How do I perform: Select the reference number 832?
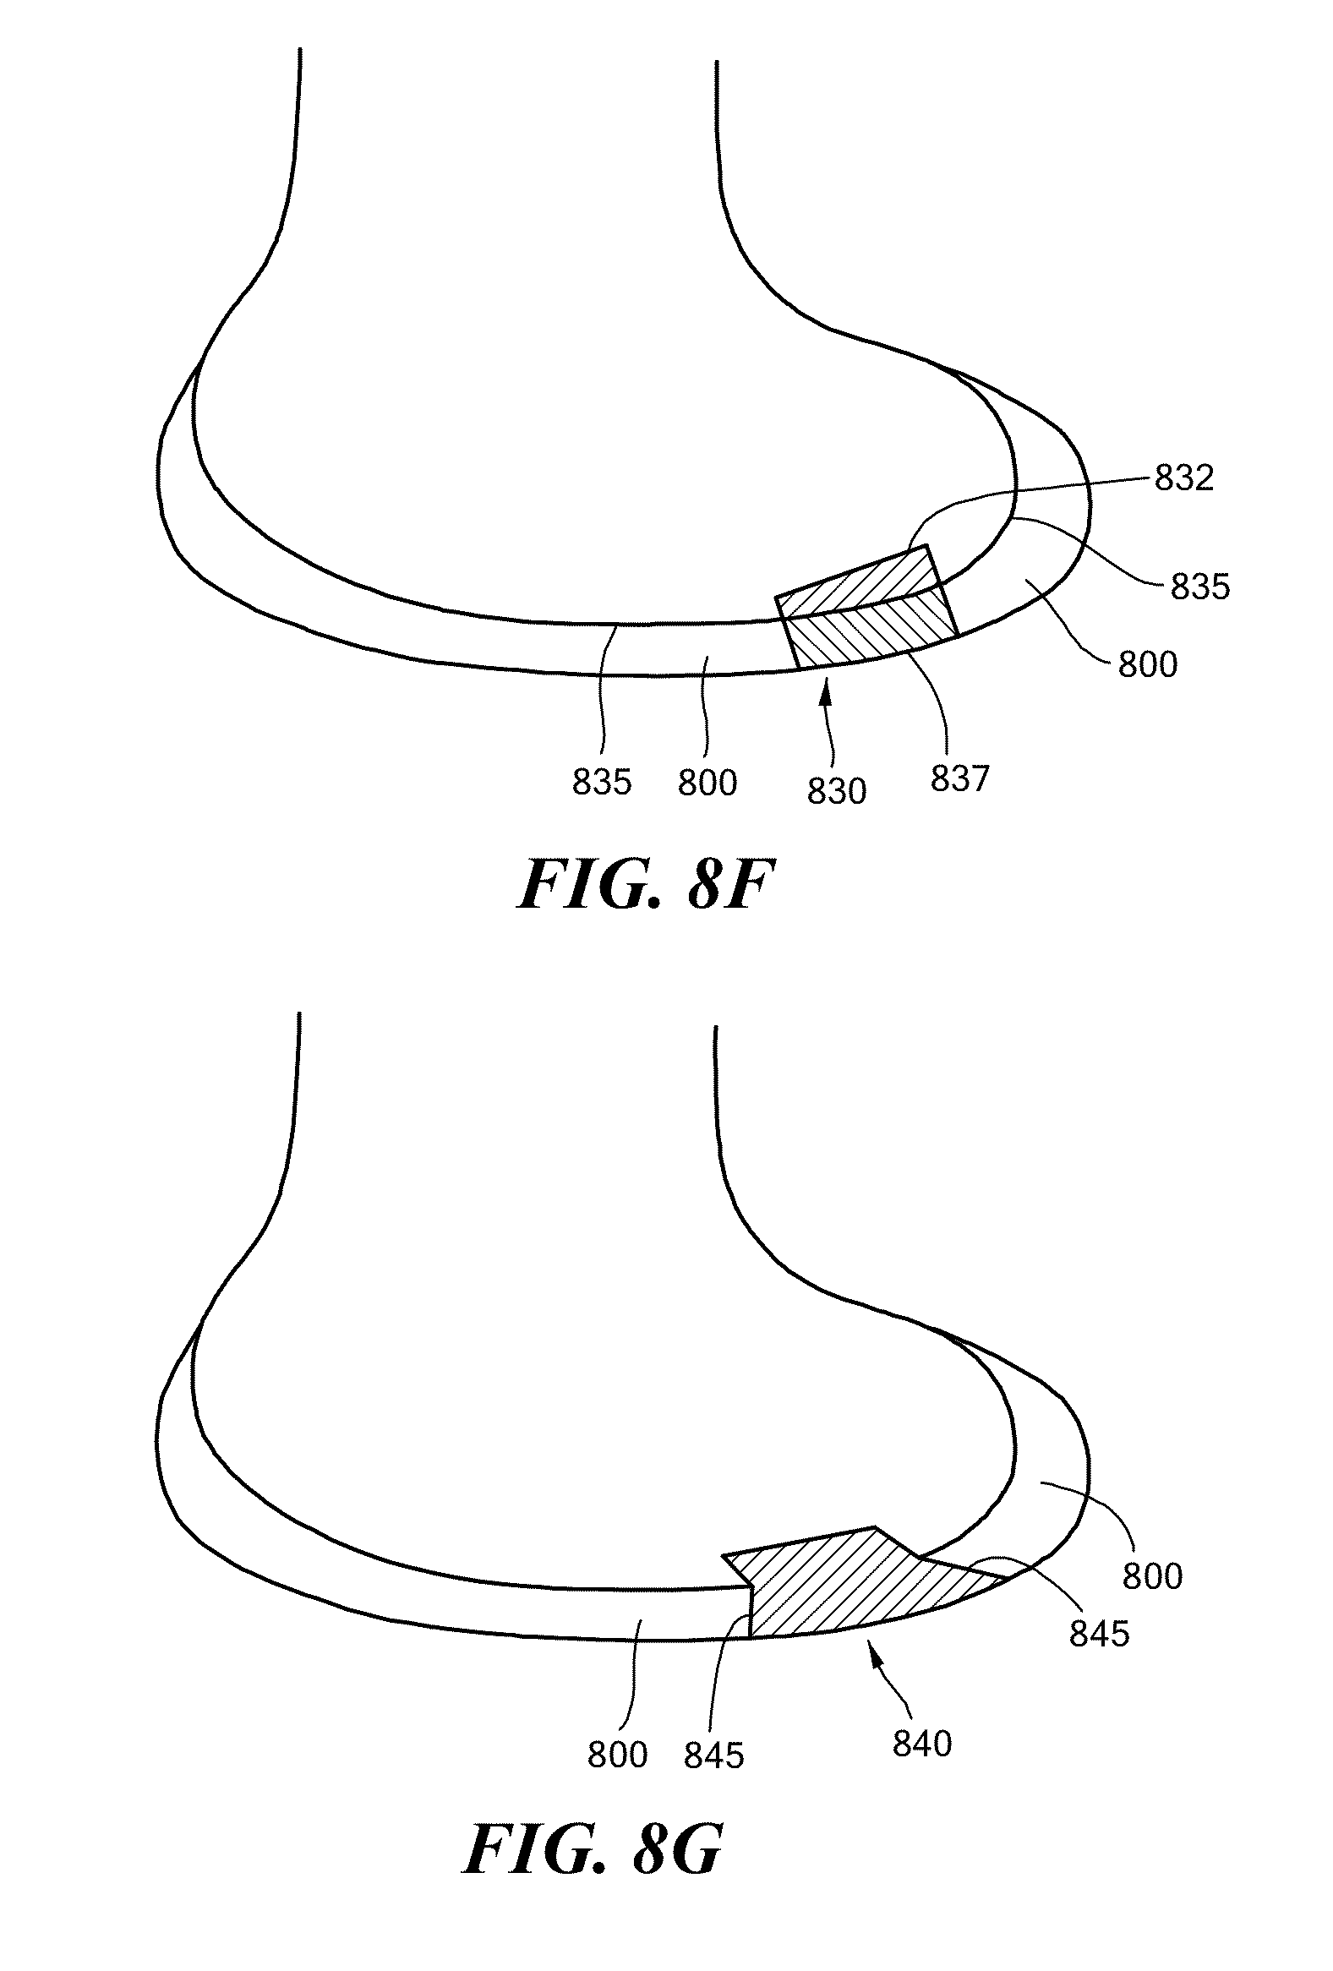pos(1183,478)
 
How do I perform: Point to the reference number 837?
pos(959,778)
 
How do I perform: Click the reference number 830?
pos(836,791)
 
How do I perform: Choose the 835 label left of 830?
pos(601,782)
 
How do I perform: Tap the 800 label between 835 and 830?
pos(707,782)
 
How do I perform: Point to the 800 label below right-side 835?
pos(1147,664)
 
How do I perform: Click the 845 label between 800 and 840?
pos(713,1755)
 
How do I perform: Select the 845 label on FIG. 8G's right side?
pos(1099,1634)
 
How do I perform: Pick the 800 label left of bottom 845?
pos(617,1755)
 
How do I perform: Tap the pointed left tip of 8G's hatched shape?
pos(725,1556)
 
